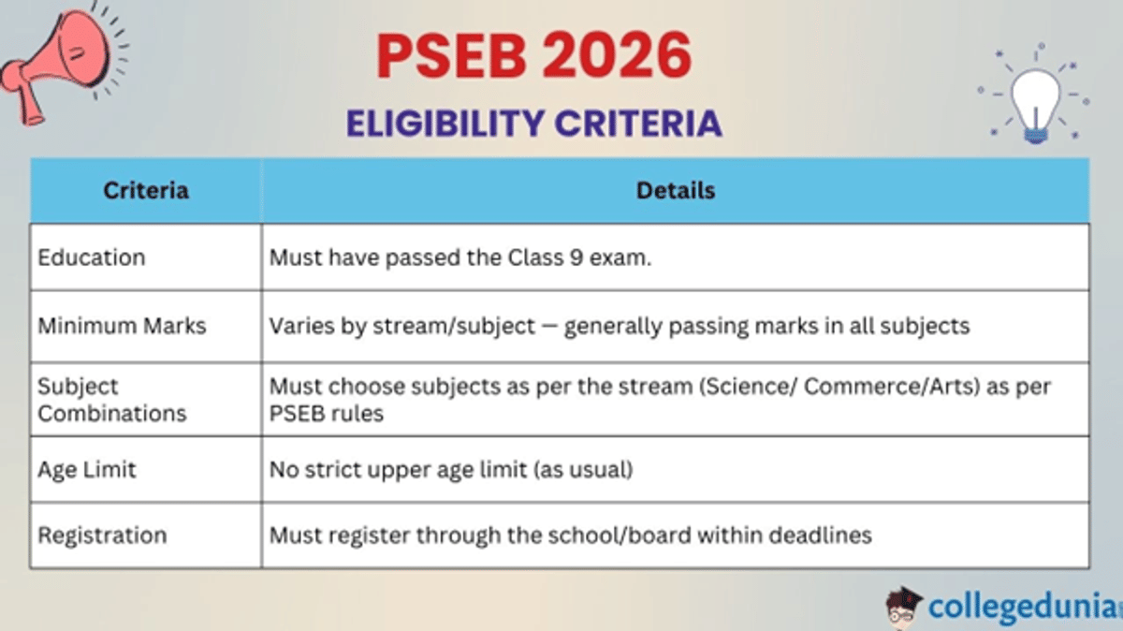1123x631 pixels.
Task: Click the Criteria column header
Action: tap(146, 191)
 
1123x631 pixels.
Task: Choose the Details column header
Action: tap(675, 191)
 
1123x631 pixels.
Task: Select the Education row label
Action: tap(92, 257)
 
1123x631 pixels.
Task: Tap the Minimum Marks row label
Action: tap(122, 326)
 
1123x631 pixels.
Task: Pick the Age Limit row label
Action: tap(87, 468)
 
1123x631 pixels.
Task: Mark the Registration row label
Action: tap(102, 536)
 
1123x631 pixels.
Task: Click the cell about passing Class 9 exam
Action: tap(459, 257)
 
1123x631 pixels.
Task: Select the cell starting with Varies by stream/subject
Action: tap(619, 326)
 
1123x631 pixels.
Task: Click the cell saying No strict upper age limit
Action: tap(451, 468)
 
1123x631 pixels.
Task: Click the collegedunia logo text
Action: tap(1020, 606)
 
